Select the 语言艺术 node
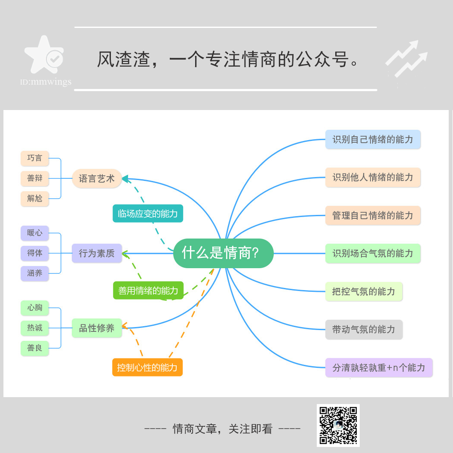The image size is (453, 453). click(97, 178)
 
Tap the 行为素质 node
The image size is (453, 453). click(97, 253)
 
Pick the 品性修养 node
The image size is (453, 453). click(97, 328)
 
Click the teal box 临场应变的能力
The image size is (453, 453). click(148, 214)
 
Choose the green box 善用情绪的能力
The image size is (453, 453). click(148, 291)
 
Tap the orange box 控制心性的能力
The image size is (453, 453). click(147, 367)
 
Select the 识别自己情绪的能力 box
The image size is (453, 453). click(373, 140)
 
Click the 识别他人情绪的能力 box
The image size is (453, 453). click(373, 178)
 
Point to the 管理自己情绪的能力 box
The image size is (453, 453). click(373, 215)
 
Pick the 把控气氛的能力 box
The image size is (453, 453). click(364, 291)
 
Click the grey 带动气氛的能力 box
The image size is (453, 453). click(364, 330)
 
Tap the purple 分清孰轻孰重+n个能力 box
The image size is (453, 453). click(379, 367)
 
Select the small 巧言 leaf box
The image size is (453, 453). click(35, 158)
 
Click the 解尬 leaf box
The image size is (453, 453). click(35, 199)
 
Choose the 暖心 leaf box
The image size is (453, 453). click(35, 233)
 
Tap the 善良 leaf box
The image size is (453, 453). click(35, 348)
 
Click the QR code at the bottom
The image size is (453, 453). click(338, 425)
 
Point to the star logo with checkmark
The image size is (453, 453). click(44, 56)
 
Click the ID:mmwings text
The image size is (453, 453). click(46, 82)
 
